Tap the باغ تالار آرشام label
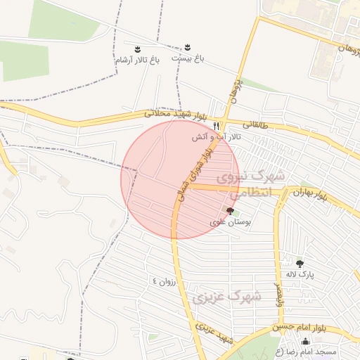(138, 60)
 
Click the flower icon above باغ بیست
(187, 47)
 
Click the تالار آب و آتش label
(218, 136)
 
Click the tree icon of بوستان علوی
(230, 210)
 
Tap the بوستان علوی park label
(230, 221)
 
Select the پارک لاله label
(300, 275)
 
